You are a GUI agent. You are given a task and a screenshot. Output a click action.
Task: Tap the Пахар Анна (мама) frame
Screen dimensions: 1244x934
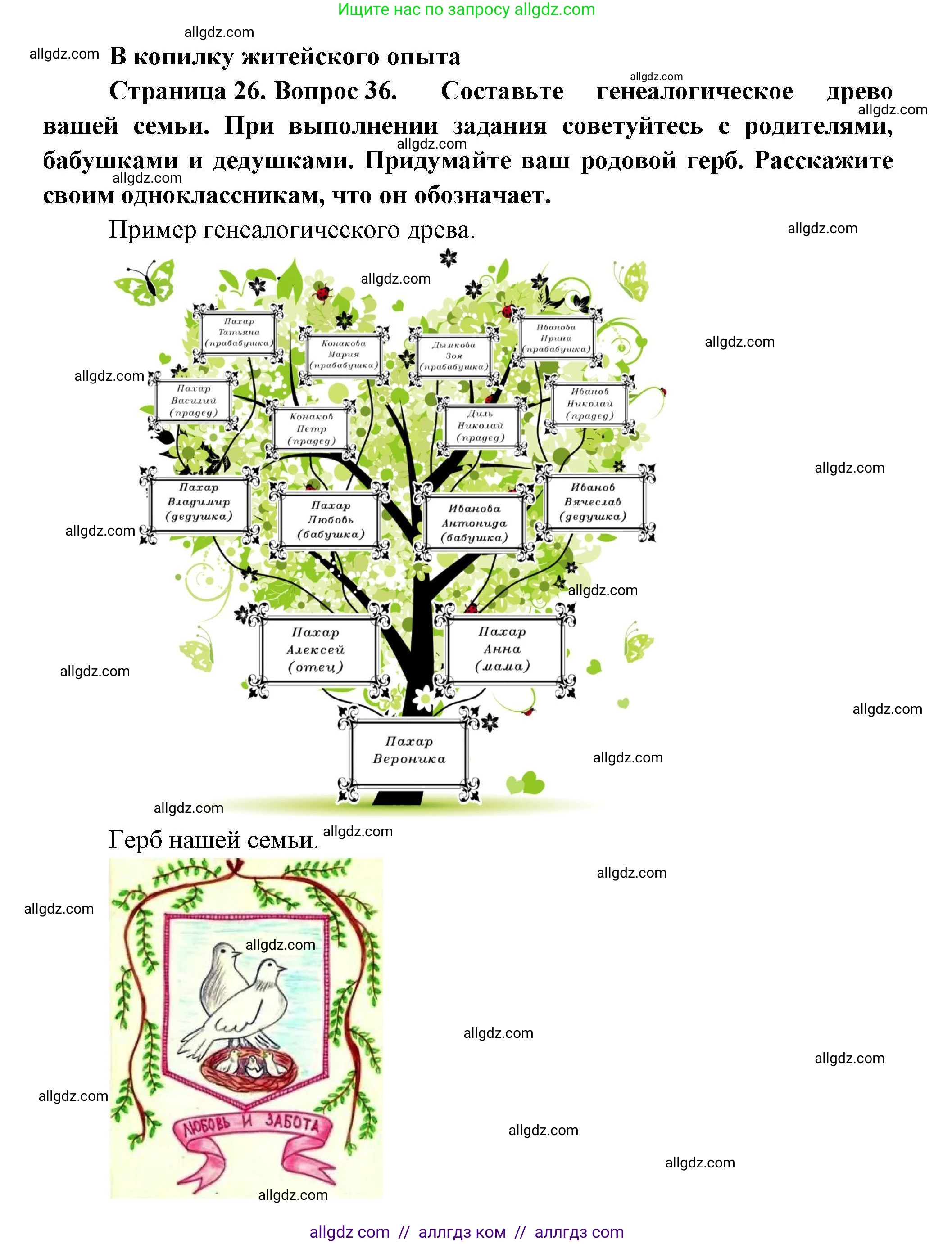pos(503,649)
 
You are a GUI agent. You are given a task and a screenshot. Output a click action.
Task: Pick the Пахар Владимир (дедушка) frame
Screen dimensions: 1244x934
pos(199,502)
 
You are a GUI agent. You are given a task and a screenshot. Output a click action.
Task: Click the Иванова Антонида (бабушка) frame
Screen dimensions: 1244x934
pos(474,523)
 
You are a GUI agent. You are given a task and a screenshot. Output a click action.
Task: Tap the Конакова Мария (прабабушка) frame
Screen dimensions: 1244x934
pos(344,354)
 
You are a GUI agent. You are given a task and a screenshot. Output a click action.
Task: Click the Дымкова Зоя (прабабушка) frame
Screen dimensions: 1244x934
pos(454,356)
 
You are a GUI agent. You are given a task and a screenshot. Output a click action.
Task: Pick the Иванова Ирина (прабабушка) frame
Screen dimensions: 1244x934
pos(557,338)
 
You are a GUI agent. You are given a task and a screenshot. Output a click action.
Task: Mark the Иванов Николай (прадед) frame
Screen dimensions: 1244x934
pos(589,404)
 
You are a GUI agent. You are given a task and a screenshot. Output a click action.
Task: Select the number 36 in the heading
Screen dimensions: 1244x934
pos(381,91)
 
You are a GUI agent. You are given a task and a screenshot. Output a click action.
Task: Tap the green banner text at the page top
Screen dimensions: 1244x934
pos(467,9)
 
